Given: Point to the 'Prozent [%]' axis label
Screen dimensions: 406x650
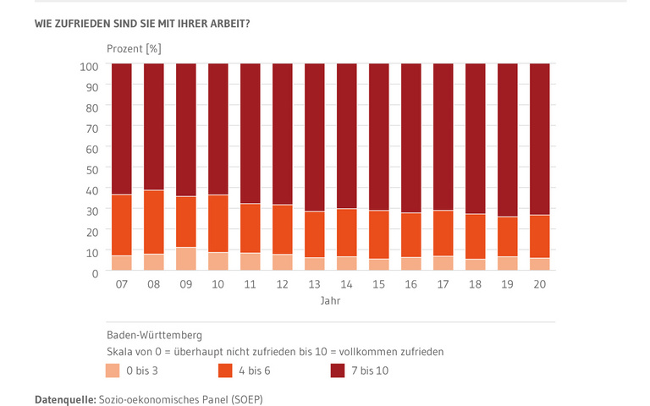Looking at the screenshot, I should click(x=134, y=47).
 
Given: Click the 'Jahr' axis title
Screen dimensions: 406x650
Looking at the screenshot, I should click(x=331, y=301).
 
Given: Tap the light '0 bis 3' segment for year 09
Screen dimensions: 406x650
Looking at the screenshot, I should click(x=186, y=259).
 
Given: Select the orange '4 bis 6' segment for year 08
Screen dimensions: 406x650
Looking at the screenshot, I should click(x=154, y=222).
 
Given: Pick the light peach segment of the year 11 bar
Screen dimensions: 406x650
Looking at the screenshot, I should click(x=251, y=261).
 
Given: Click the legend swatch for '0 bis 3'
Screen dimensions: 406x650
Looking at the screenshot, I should click(x=113, y=370).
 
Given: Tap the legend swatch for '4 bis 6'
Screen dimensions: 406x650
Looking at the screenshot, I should click(x=226, y=370).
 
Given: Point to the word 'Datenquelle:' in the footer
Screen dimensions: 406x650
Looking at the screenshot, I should click(x=65, y=397).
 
